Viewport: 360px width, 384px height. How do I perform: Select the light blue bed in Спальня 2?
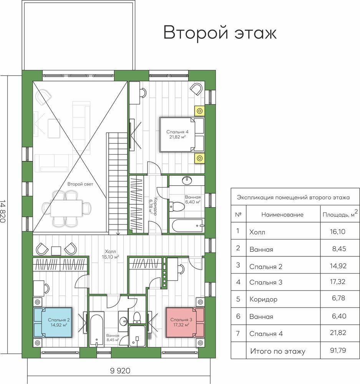coord(53,322)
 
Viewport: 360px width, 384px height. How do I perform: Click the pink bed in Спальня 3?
coord(185,322)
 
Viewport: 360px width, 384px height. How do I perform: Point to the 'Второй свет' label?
coord(80,184)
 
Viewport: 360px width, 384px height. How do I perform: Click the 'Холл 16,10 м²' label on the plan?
coord(110,254)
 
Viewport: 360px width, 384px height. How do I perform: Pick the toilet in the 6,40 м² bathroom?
coord(177,207)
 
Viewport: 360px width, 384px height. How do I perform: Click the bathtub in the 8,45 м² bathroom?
coord(97,329)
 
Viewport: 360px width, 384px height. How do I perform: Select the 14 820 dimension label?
coord(3,211)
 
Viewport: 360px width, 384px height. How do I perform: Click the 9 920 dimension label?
coord(120,371)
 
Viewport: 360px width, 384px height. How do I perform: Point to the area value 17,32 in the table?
coord(338,282)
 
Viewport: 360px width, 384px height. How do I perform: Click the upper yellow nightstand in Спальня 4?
coord(200,111)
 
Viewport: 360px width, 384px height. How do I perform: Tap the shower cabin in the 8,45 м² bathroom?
coord(137,336)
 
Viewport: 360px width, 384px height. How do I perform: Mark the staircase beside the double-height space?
coord(118,184)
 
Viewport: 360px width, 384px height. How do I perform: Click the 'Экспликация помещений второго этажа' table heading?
coord(293,198)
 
